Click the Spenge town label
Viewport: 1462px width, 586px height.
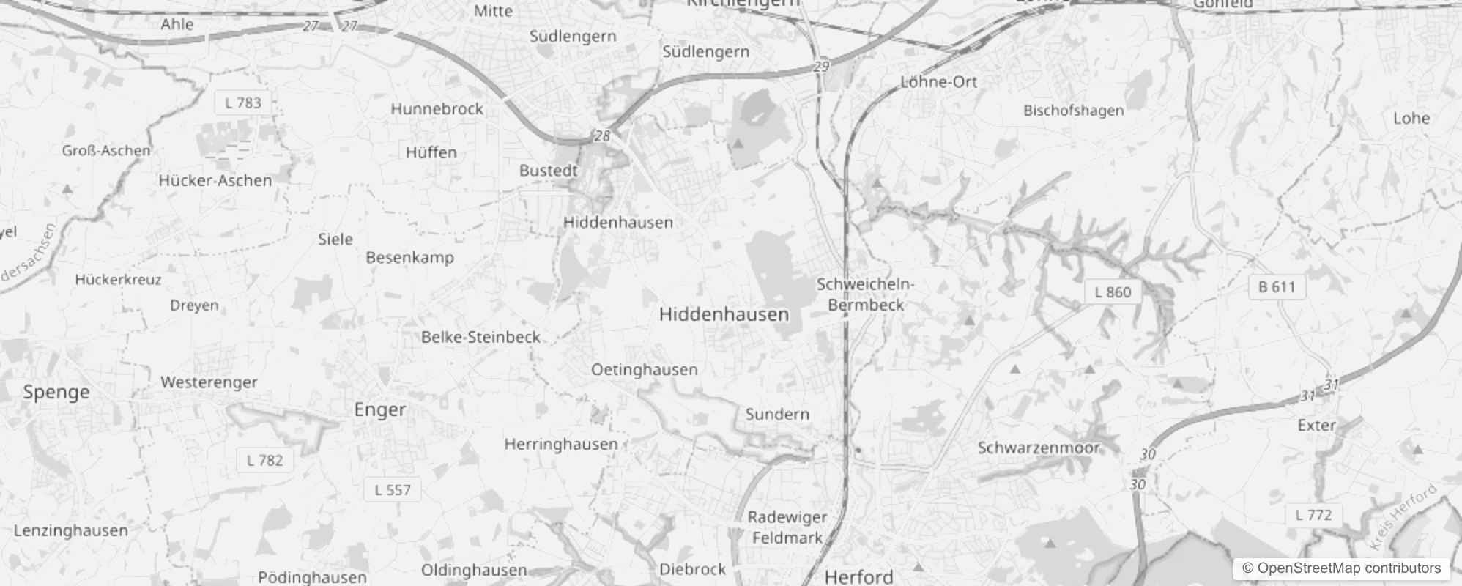(56, 392)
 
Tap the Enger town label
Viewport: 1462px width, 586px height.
(379, 409)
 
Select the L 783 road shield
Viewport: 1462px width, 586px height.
(242, 103)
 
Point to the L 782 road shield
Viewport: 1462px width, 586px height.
(264, 461)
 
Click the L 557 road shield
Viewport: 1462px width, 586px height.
(393, 490)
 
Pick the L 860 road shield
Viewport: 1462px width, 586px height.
(1113, 292)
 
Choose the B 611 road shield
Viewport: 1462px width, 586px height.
(1277, 287)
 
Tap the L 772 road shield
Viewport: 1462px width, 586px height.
(1313, 515)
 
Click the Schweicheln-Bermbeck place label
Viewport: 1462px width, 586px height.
(866, 294)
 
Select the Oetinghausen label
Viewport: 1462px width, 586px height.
(644, 370)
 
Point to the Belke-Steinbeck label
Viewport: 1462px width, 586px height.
(480, 338)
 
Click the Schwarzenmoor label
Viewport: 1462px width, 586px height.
(1038, 448)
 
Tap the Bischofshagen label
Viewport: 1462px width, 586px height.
(1073, 111)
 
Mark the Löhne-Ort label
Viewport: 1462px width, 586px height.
(938, 82)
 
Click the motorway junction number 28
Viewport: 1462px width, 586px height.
(602, 136)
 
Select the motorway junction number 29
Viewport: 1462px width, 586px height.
(821, 67)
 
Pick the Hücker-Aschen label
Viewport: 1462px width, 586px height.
(215, 181)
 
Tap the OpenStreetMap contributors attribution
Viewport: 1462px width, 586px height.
(1341, 568)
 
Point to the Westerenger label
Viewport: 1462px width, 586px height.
(209, 382)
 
